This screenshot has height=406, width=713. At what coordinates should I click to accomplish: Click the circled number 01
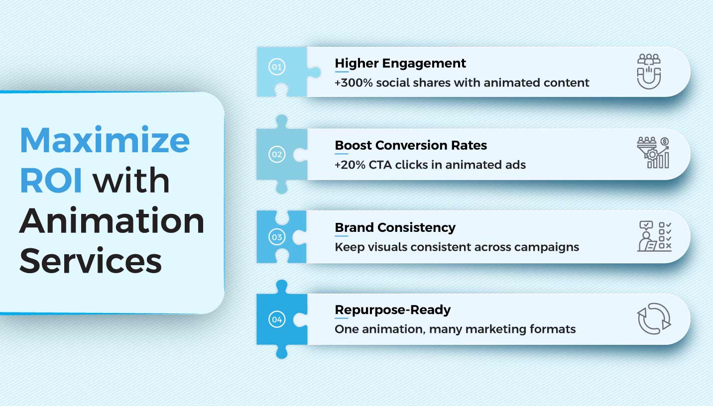277,67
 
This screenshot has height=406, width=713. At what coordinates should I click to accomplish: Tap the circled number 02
277,154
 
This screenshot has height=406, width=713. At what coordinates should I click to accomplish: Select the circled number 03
277,237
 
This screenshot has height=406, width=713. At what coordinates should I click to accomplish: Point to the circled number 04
277,319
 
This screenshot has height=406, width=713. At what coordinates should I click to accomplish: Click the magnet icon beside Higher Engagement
649,72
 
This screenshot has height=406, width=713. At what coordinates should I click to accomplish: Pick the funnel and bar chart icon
653,152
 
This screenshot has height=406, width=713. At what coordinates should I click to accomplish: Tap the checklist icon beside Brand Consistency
654,236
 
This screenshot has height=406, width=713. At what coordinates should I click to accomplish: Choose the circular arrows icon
654,319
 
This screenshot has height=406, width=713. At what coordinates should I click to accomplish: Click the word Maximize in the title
105,140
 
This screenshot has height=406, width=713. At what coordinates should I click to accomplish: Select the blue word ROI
51,180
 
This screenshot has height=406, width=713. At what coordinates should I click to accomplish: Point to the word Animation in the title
112,220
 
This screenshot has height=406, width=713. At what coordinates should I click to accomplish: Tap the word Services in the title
91,260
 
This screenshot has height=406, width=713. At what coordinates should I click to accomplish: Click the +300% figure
354,83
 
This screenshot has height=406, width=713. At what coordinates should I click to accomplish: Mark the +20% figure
350,165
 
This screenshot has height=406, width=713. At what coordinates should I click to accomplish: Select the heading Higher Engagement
400,63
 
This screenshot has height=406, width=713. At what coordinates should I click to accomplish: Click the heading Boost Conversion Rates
411,145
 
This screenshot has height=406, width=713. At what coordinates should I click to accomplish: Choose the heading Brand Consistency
395,228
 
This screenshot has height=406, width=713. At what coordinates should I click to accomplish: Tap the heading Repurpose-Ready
393,310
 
